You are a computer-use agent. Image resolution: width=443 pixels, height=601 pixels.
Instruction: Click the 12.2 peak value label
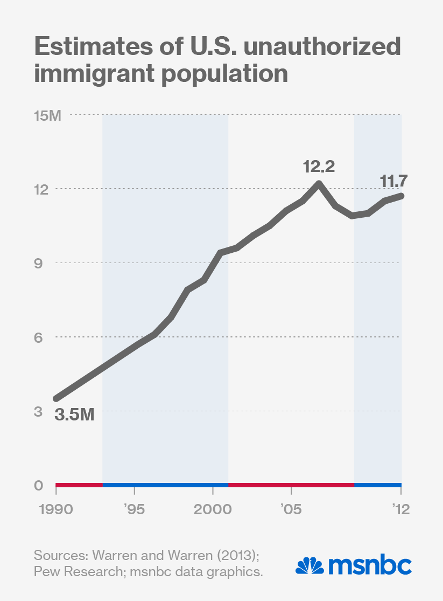coord(319,167)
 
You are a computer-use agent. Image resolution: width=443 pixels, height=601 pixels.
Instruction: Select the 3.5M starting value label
coord(74,415)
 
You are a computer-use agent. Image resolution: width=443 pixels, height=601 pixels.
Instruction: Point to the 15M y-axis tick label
coord(48,116)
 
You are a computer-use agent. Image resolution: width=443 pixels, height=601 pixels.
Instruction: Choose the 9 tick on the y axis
coord(38,263)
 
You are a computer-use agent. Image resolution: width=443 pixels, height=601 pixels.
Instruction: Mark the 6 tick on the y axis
coord(38,337)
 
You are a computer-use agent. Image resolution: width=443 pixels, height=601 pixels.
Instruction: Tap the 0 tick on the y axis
coord(38,485)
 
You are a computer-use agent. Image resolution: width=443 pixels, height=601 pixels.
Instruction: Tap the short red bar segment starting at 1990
coord(79,485)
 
